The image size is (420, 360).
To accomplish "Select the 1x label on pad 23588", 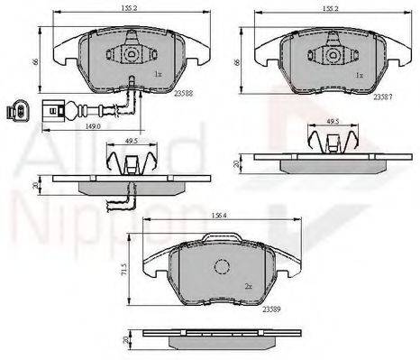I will [158, 74].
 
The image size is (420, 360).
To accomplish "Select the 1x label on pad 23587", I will [361, 74].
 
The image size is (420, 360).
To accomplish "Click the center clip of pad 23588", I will [131, 53].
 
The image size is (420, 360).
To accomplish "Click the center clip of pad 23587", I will [333, 53].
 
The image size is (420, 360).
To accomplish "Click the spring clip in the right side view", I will [334, 142].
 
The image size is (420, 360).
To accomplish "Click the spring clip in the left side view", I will [131, 164].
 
